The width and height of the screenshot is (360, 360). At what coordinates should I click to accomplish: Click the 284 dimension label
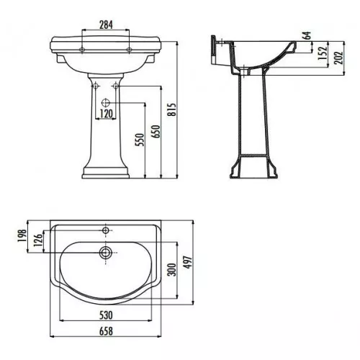(106, 24)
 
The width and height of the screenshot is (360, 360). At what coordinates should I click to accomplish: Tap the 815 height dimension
(172, 109)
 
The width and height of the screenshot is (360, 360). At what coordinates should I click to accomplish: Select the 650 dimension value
(156, 132)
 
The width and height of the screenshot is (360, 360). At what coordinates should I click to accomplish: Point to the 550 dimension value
(140, 140)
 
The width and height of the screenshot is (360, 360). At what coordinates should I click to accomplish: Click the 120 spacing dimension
(106, 114)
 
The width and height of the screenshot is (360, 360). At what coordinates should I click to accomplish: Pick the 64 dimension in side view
(307, 35)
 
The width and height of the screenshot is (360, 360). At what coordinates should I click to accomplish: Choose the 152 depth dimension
(323, 53)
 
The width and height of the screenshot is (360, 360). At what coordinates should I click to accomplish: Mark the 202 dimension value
(338, 58)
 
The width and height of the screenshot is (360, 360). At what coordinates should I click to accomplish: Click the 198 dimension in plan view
(22, 236)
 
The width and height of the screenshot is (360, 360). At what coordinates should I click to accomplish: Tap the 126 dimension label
(38, 240)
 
